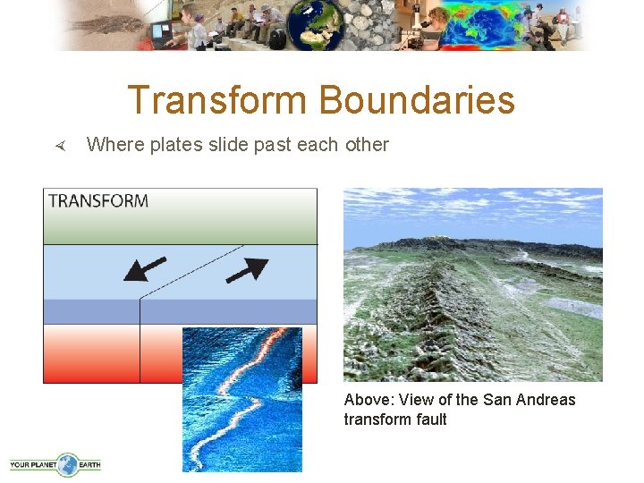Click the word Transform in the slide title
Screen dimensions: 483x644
pos(219,100)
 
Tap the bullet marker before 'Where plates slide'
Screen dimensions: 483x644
pos(60,145)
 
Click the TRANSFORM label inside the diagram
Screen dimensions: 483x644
pos(98,200)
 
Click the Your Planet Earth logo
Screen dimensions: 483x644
pos(55,463)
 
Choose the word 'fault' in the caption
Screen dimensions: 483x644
pos(429,419)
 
